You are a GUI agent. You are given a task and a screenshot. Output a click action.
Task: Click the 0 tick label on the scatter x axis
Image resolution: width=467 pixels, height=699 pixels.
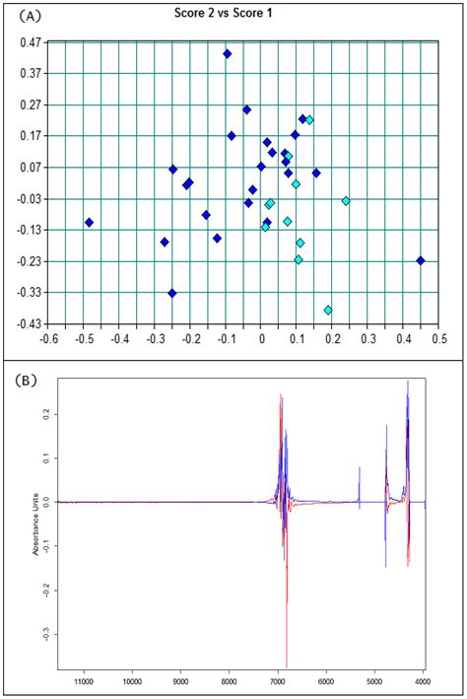click(261, 337)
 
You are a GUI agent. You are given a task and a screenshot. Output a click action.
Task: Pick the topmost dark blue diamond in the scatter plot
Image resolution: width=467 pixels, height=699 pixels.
click(227, 54)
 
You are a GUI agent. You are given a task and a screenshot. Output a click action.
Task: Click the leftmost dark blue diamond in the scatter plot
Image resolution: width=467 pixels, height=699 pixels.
click(89, 223)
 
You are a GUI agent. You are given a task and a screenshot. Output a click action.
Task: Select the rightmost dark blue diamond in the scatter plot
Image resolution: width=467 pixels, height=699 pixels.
click(421, 260)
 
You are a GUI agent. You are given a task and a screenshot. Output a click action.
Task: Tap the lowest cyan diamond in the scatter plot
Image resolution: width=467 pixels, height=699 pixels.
click(328, 310)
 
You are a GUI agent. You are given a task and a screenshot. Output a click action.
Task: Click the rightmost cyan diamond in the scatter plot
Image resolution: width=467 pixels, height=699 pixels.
click(346, 200)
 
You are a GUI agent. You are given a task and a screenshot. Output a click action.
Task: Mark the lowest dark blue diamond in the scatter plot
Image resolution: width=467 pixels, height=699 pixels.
click(172, 293)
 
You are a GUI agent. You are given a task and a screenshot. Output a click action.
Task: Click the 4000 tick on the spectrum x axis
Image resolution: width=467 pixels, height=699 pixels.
click(423, 679)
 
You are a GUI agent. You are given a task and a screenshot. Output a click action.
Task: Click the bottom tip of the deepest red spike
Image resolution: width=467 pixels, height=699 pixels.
click(286, 667)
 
